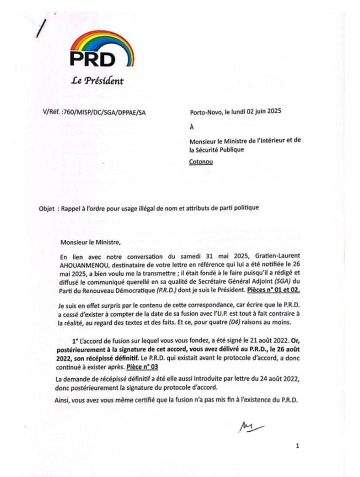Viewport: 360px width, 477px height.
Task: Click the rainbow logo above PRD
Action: (x=102, y=42)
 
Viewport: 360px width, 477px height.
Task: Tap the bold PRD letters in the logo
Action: (x=92, y=58)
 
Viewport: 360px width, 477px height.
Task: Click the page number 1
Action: (x=297, y=445)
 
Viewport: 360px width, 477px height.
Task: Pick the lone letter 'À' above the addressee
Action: (x=192, y=127)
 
